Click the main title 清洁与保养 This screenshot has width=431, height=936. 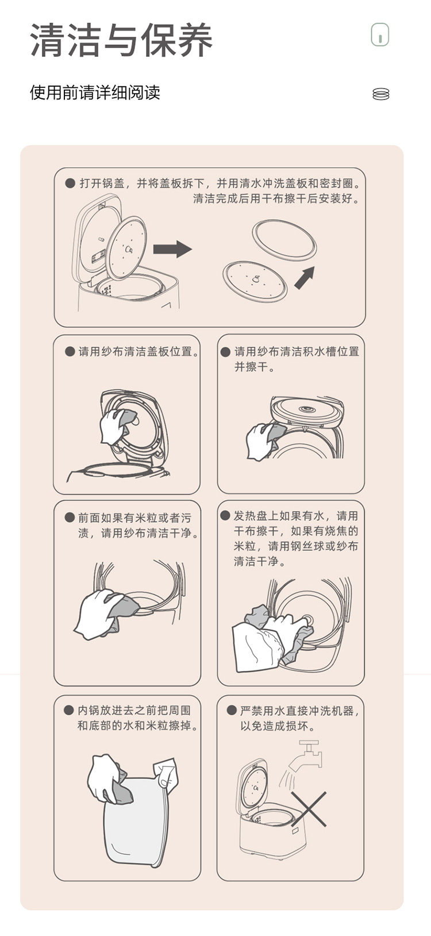tap(121, 40)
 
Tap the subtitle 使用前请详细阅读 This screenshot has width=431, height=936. tap(95, 93)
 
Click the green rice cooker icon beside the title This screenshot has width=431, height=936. tap(380, 34)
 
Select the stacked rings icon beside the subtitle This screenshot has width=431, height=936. tap(380, 94)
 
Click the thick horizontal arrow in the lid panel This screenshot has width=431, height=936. tap(172, 250)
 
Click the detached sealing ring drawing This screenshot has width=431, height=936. tap(284, 241)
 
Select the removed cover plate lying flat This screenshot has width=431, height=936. tap(255, 281)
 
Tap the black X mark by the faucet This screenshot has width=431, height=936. tap(309, 809)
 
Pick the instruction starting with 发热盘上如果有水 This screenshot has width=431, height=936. tap(296, 539)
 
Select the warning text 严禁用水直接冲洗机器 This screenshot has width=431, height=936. tap(299, 711)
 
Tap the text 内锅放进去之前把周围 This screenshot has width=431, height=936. tap(134, 711)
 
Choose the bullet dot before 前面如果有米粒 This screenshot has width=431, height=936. tap(70, 517)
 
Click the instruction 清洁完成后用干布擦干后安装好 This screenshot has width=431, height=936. tap(276, 198)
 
